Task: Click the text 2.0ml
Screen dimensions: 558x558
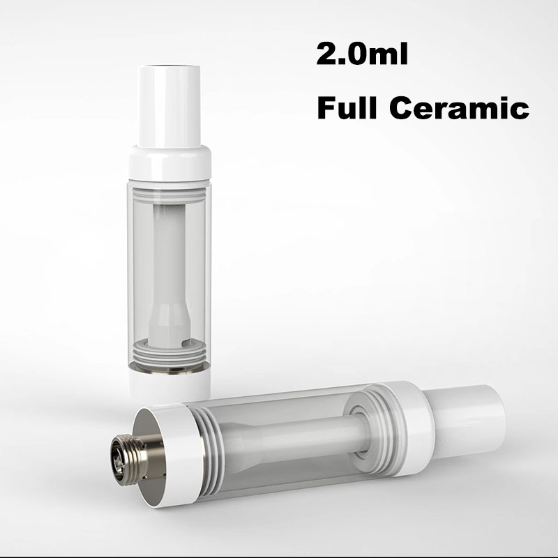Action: click(x=361, y=55)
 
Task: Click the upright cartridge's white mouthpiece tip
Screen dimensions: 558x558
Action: click(x=170, y=105)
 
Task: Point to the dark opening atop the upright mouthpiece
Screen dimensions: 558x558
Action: click(x=170, y=68)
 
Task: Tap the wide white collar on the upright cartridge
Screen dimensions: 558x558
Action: click(x=170, y=164)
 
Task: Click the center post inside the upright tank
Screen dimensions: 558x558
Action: click(x=170, y=258)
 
